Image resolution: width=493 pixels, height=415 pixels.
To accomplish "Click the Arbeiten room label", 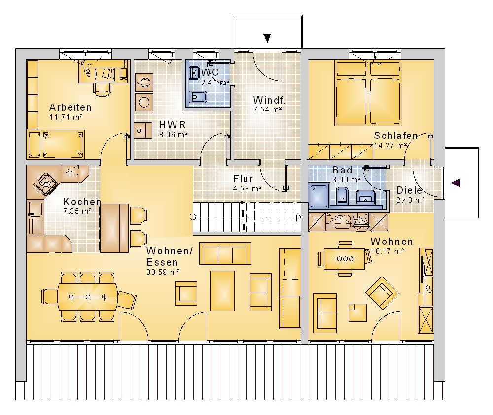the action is click(x=70, y=107).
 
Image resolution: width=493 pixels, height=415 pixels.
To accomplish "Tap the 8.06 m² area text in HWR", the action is click(x=173, y=135).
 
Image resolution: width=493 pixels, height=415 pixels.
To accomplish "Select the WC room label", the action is click(x=210, y=72).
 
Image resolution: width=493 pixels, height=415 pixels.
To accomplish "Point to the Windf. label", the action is click(x=270, y=100).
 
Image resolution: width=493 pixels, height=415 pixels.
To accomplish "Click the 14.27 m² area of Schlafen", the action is click(x=390, y=146).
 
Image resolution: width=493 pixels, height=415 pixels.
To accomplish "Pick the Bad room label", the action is click(x=343, y=170).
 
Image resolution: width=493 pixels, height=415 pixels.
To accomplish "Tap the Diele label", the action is click(x=409, y=190).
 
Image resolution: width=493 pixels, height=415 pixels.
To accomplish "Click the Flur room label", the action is click(x=243, y=179).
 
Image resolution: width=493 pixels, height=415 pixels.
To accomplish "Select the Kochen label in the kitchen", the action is click(x=82, y=202).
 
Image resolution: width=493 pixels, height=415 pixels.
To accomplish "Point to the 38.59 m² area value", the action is click(x=163, y=272).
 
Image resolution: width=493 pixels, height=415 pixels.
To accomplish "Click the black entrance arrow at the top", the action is click(x=267, y=38).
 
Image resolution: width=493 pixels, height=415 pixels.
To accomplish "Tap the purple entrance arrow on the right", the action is click(x=456, y=183).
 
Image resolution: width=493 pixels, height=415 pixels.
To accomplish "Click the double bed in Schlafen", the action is click(x=368, y=93).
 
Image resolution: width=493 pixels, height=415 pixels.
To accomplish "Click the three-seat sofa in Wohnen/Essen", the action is click(x=225, y=253).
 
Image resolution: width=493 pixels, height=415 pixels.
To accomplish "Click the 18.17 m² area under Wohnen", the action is click(x=387, y=251).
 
